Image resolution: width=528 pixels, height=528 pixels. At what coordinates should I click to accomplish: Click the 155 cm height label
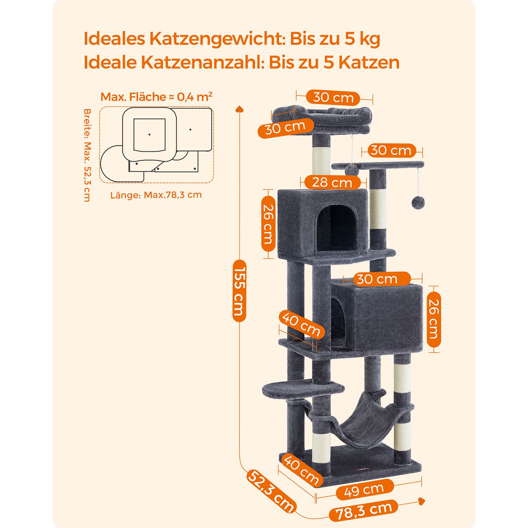[239, 291]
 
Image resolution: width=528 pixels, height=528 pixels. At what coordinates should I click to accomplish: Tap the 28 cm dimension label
[332, 182]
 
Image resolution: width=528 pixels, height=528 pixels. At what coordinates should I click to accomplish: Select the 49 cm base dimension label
[364, 490]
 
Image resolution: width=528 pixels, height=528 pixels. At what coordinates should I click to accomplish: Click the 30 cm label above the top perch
[333, 98]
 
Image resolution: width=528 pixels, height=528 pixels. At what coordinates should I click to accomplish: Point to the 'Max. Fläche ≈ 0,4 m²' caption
[157, 96]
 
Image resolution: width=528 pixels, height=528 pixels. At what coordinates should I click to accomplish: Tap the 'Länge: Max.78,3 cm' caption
[156, 195]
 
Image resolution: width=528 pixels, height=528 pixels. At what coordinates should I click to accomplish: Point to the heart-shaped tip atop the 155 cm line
[239, 108]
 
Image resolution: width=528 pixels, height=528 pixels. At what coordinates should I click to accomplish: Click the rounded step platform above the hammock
[303, 388]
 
